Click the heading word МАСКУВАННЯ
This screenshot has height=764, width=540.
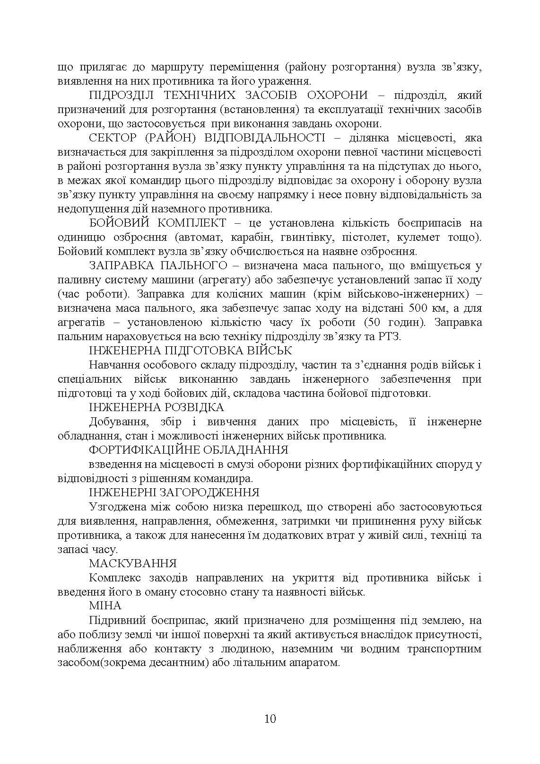point(132,563)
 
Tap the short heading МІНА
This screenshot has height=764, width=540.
point(105,606)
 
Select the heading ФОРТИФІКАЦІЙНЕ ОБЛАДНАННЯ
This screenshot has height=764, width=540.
point(188,450)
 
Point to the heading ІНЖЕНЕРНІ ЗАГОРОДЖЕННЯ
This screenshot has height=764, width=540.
point(174,492)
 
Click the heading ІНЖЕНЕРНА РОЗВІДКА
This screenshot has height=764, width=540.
point(156,407)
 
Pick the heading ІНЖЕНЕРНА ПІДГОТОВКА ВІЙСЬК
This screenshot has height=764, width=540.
point(190,351)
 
